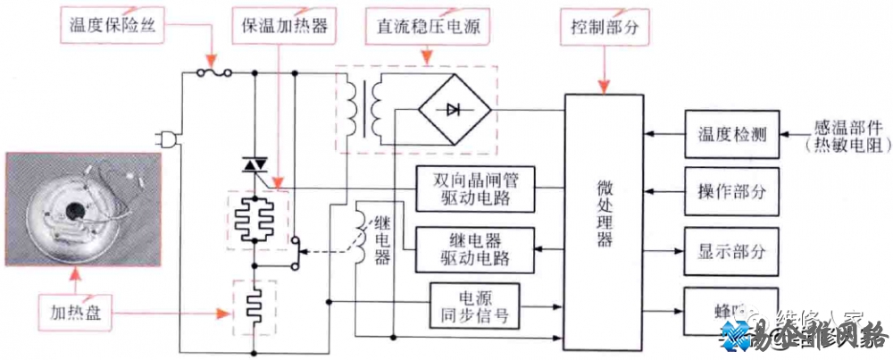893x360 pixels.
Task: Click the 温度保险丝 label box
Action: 112,26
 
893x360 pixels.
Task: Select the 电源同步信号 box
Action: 474,306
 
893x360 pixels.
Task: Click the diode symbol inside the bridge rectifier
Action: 453,109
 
